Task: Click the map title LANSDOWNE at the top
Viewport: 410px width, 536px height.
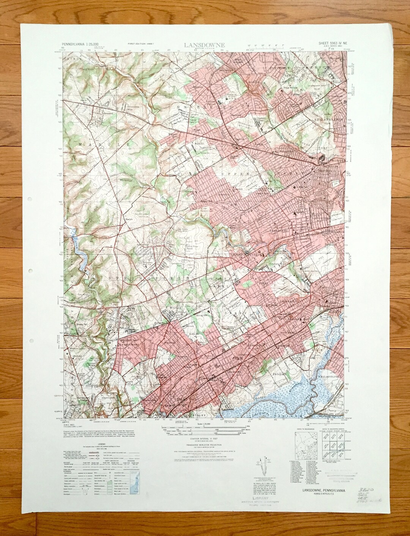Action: point(204,45)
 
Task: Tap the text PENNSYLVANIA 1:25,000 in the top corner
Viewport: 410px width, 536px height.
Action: point(83,44)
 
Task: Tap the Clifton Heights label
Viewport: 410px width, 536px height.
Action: point(246,254)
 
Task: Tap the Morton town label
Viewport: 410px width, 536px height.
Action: point(172,307)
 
